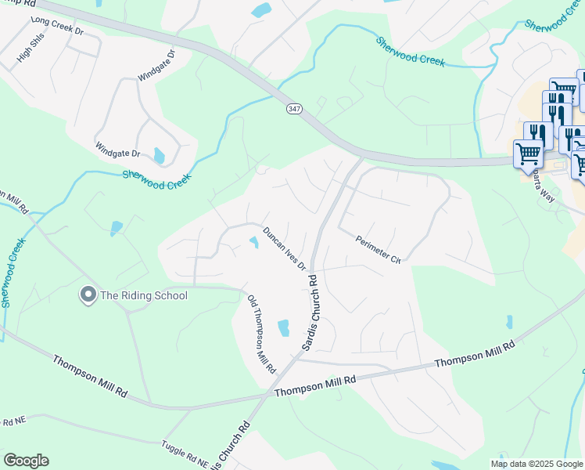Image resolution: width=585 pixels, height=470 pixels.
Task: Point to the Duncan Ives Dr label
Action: [284, 249]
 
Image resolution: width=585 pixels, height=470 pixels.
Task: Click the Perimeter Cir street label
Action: [378, 250]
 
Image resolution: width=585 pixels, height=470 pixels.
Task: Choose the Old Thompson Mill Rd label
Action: [262, 334]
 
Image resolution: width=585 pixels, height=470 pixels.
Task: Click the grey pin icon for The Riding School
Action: [88, 295]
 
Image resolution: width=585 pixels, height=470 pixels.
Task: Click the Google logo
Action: [26, 461]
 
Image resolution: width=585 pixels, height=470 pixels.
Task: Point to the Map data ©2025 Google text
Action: [537, 464]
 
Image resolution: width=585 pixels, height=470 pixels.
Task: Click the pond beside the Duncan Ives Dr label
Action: [253, 243]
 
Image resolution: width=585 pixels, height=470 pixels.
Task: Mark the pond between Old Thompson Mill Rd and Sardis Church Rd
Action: [283, 327]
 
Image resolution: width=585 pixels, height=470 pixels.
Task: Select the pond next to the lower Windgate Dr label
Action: [160, 156]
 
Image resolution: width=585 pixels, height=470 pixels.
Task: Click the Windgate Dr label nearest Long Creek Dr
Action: [156, 67]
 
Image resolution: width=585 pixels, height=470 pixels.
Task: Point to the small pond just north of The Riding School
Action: [117, 228]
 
